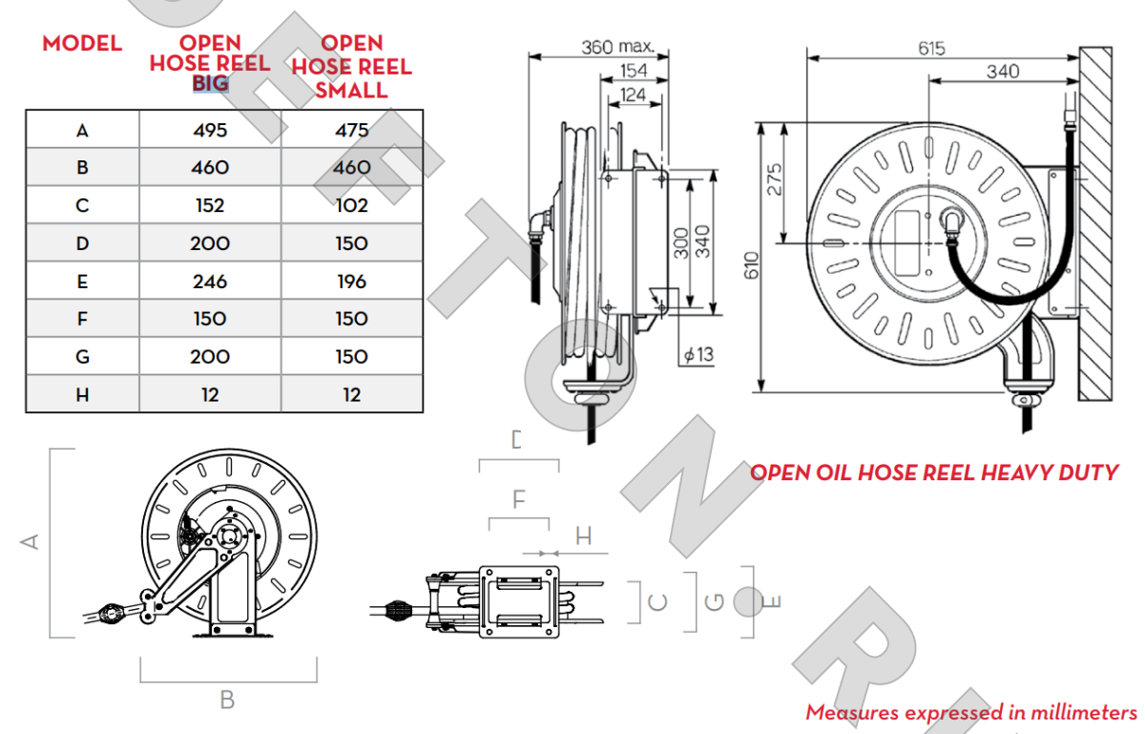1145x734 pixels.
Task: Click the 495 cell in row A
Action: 210,130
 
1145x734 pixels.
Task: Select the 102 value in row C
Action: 351,205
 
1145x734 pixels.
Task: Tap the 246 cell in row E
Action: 210,282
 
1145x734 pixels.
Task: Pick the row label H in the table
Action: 82,395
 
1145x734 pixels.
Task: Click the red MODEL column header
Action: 82,44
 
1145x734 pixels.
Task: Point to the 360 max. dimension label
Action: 618,46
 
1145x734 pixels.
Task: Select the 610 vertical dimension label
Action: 751,266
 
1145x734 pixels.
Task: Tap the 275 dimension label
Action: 775,179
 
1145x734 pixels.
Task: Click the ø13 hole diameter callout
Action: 697,355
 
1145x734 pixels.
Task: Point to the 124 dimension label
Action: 632,94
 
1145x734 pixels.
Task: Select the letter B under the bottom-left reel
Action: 227,700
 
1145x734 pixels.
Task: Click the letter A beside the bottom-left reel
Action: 31,541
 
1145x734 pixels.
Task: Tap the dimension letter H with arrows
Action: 583,536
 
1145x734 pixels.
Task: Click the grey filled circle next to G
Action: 749,601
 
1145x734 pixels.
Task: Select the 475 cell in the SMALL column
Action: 351,130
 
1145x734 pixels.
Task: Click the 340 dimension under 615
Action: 1002,72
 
